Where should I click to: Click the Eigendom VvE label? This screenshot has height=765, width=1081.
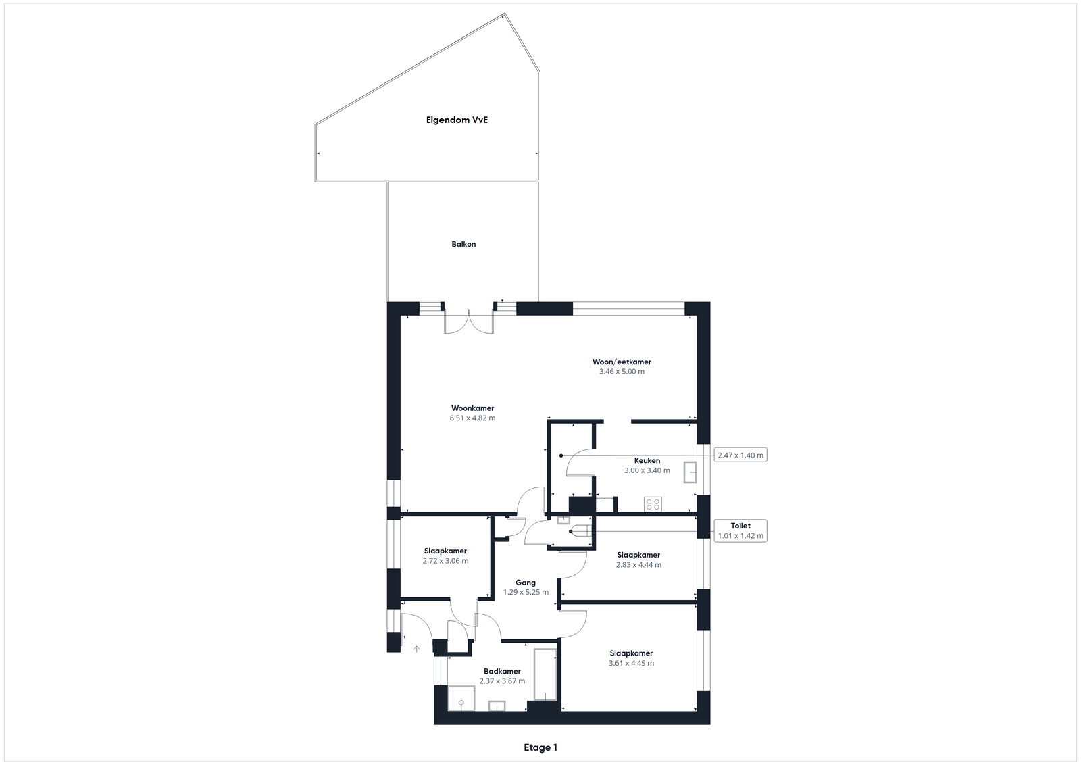[x=457, y=120]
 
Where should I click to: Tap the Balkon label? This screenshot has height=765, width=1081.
[x=463, y=244]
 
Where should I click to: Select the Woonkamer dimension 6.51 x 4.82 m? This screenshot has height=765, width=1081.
[x=472, y=418]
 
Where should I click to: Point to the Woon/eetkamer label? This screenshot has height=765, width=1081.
[x=622, y=362]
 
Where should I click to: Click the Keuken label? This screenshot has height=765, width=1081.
[x=647, y=460]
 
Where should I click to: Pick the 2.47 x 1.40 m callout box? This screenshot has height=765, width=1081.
[x=740, y=455]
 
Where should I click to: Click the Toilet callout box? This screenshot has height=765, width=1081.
[x=740, y=530]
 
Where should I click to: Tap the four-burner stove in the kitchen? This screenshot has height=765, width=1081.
[x=653, y=504]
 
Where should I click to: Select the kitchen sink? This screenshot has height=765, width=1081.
[x=690, y=472]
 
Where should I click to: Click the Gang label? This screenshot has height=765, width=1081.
[x=526, y=583]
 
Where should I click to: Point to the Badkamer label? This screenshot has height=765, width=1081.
[x=502, y=671]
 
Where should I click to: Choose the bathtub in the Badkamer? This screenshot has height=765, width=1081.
[x=545, y=674]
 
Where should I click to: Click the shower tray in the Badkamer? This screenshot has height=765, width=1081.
[x=461, y=698]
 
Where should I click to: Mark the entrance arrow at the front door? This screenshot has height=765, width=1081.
[x=416, y=649]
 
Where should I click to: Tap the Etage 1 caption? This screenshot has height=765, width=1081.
[x=540, y=747]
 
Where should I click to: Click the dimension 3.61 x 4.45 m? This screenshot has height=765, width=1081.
[x=631, y=663]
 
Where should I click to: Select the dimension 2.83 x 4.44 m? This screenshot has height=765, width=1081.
[x=638, y=565]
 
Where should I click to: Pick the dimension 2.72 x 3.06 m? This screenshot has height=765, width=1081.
[x=445, y=561]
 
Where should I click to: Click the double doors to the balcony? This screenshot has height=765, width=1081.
[x=469, y=322]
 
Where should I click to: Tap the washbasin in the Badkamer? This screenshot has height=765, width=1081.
[x=497, y=706]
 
